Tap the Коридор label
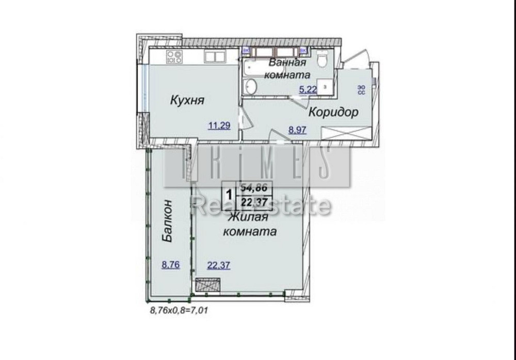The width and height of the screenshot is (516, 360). [333, 113]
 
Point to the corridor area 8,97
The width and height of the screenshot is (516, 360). [298, 130]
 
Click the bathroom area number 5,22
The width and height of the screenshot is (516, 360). [308, 89]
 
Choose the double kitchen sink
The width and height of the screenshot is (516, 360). [213, 56]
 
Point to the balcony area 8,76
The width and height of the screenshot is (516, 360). [170, 265]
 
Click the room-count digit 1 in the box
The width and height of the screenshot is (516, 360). [228, 195]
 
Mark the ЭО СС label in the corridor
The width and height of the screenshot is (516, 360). [362, 90]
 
